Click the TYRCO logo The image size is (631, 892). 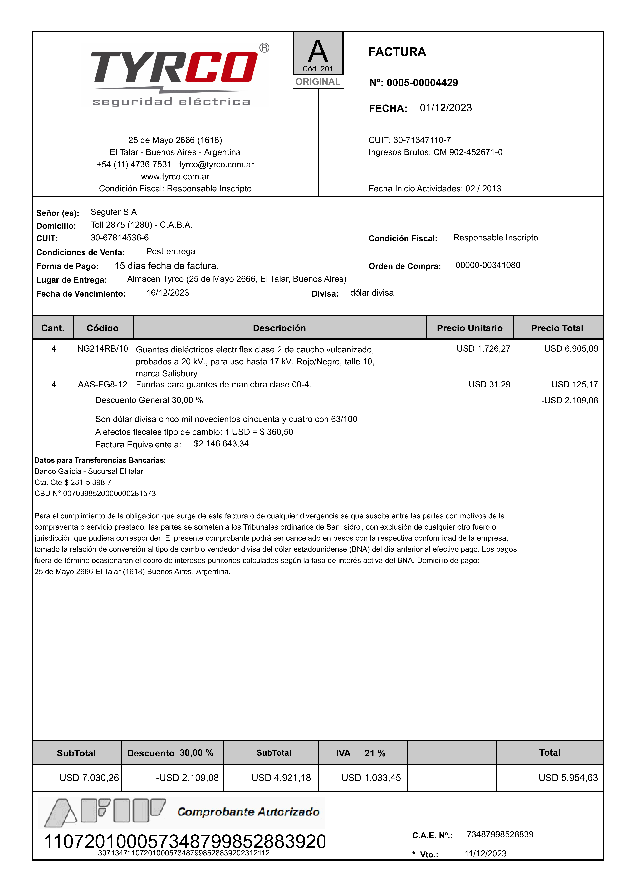point(175,74)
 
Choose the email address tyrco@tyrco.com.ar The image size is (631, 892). point(216,164)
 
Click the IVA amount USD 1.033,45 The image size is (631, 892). point(371,778)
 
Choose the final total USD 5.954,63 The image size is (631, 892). point(568,778)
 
